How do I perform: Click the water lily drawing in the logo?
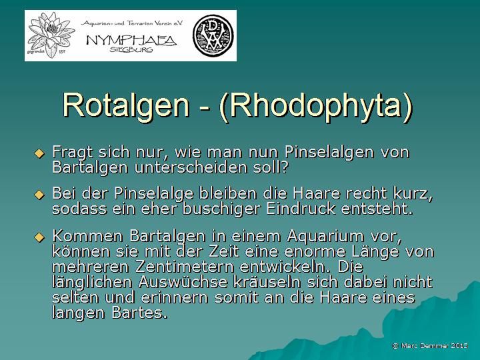51,34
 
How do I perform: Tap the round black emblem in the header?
213,35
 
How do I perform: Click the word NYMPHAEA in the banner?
131,41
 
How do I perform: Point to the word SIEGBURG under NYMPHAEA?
131,49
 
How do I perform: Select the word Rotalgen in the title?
126,105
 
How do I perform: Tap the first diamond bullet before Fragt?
39,153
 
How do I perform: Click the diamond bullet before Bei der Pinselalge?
39,195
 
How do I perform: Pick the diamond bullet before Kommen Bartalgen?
39,237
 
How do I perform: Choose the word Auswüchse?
183,282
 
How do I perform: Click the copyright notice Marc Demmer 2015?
430,345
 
